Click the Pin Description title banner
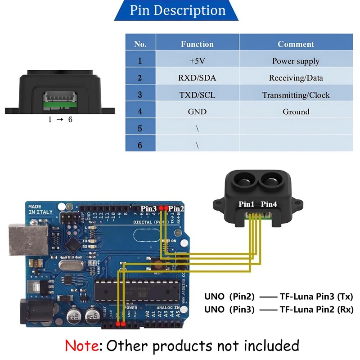point(177,10)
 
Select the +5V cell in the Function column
point(197,61)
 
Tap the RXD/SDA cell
point(197,78)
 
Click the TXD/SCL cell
point(197,95)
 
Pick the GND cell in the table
point(197,112)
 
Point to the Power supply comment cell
point(296,61)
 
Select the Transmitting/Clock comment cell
point(296,95)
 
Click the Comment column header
point(296,44)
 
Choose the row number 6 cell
point(140,145)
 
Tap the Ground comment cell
point(296,112)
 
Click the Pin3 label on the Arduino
point(148,208)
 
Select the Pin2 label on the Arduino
point(176,208)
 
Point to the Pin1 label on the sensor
point(247,204)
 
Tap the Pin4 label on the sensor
point(269,204)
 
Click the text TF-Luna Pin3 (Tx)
point(316,297)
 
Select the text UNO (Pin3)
point(229,310)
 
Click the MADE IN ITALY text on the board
point(40,209)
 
